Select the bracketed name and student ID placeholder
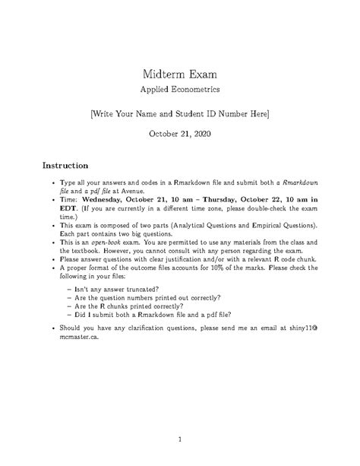[180, 113]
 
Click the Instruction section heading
[66, 164]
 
